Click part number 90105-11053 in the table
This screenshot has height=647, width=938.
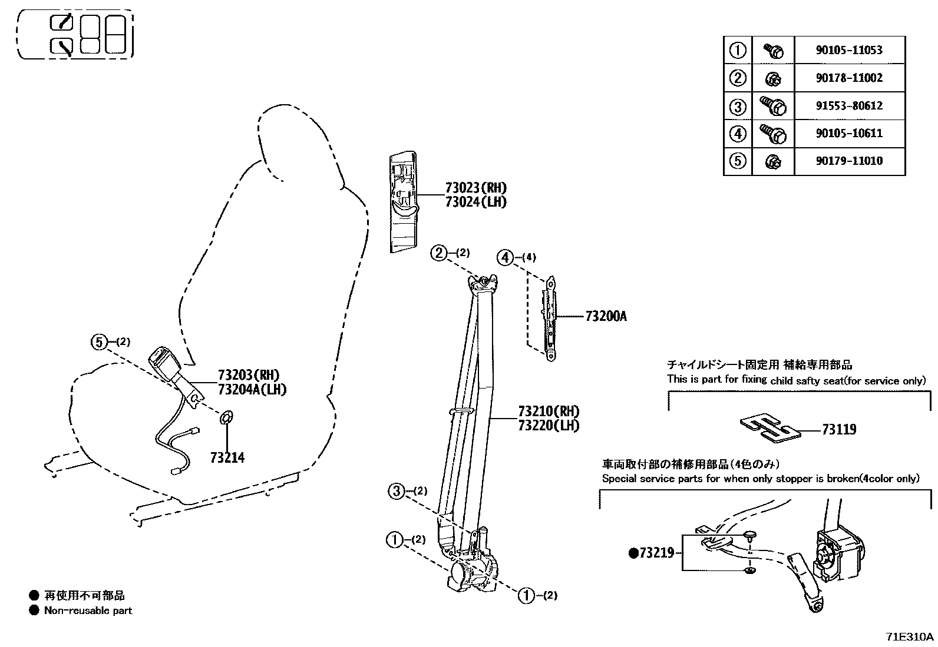848,50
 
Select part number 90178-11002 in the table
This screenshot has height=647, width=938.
848,78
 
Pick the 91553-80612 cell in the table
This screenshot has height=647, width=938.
848,106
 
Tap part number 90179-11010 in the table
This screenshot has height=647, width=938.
848,161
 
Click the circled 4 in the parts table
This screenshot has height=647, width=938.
738,134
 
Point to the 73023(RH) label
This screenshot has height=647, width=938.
475,188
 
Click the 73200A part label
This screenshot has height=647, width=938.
606,317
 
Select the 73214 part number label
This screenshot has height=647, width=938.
227,457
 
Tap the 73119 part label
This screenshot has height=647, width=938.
839,430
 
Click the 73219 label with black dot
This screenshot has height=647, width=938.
652,553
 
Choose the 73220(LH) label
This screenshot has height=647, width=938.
549,425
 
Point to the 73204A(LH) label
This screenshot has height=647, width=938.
252,389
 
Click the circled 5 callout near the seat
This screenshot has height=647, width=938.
99,341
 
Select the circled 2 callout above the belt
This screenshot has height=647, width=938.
439,253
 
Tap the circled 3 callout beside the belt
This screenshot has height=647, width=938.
397,490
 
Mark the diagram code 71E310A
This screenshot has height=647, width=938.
909,637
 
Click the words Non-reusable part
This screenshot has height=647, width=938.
88,610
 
